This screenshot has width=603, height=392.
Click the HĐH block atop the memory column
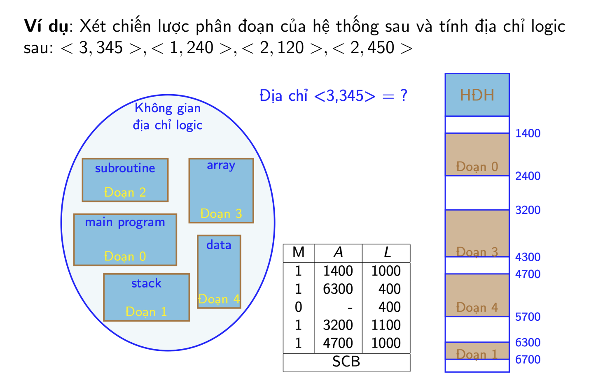[x=477, y=95]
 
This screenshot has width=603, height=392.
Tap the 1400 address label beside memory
[x=528, y=133]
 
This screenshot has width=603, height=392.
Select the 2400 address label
[x=528, y=176]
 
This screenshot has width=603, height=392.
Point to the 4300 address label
[x=528, y=257]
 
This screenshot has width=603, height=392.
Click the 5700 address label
[x=528, y=317]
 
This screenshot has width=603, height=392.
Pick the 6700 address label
[x=528, y=360]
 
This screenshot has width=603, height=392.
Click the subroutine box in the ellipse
[x=125, y=180]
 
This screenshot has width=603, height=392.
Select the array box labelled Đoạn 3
[x=221, y=190]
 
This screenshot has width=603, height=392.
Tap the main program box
[x=125, y=239]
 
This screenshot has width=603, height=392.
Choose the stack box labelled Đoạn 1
[x=147, y=297]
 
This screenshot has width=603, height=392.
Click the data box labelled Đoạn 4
[x=219, y=271]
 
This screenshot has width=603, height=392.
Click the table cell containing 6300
[x=338, y=289]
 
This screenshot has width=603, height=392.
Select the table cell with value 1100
[x=386, y=325]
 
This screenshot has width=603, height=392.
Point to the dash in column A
[x=350, y=308]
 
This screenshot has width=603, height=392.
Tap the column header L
[x=387, y=252]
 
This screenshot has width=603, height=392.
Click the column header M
[x=298, y=252]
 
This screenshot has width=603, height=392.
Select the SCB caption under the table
[x=346, y=361]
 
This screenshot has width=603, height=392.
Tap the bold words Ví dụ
[x=46, y=26]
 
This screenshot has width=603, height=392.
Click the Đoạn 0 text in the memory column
[x=477, y=167]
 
